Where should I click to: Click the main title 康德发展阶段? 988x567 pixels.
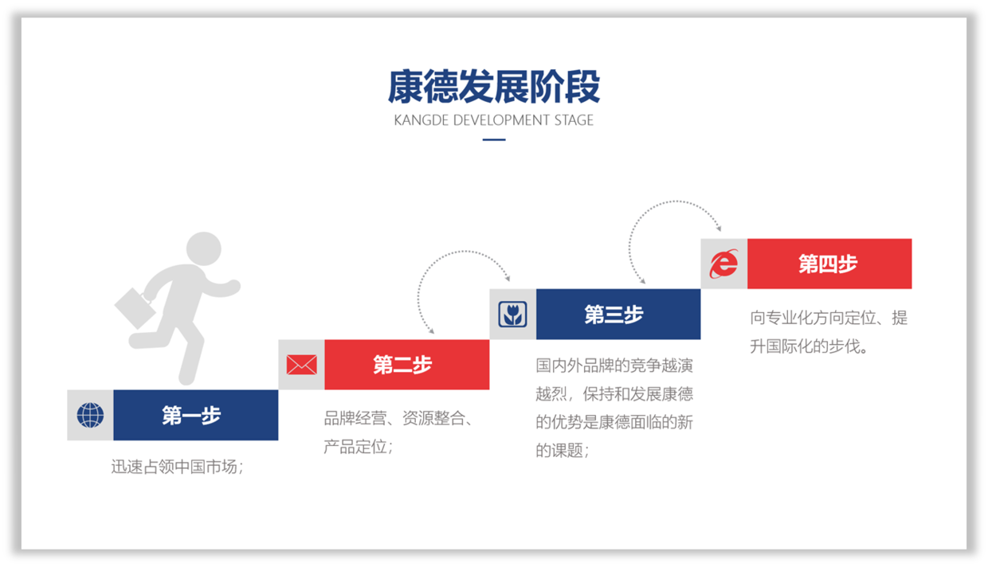(x=494, y=87)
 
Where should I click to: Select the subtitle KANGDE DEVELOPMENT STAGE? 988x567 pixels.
(x=493, y=120)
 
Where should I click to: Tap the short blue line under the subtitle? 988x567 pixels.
(x=494, y=139)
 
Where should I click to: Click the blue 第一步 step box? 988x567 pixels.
(x=196, y=415)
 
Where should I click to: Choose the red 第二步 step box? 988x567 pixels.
(x=407, y=365)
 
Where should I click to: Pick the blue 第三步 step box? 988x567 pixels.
(x=618, y=315)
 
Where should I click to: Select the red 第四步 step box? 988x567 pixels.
(x=829, y=264)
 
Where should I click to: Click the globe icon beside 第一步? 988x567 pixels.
(x=90, y=415)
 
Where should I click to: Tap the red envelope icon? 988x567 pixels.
(x=302, y=365)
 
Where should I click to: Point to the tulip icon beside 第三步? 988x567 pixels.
(x=512, y=315)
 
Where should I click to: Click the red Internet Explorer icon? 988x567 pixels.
(x=723, y=264)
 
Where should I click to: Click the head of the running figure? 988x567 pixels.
(x=203, y=249)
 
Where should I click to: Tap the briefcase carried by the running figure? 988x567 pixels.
(x=135, y=308)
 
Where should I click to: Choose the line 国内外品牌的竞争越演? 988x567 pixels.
(x=614, y=366)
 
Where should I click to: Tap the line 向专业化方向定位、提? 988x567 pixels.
(x=829, y=318)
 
